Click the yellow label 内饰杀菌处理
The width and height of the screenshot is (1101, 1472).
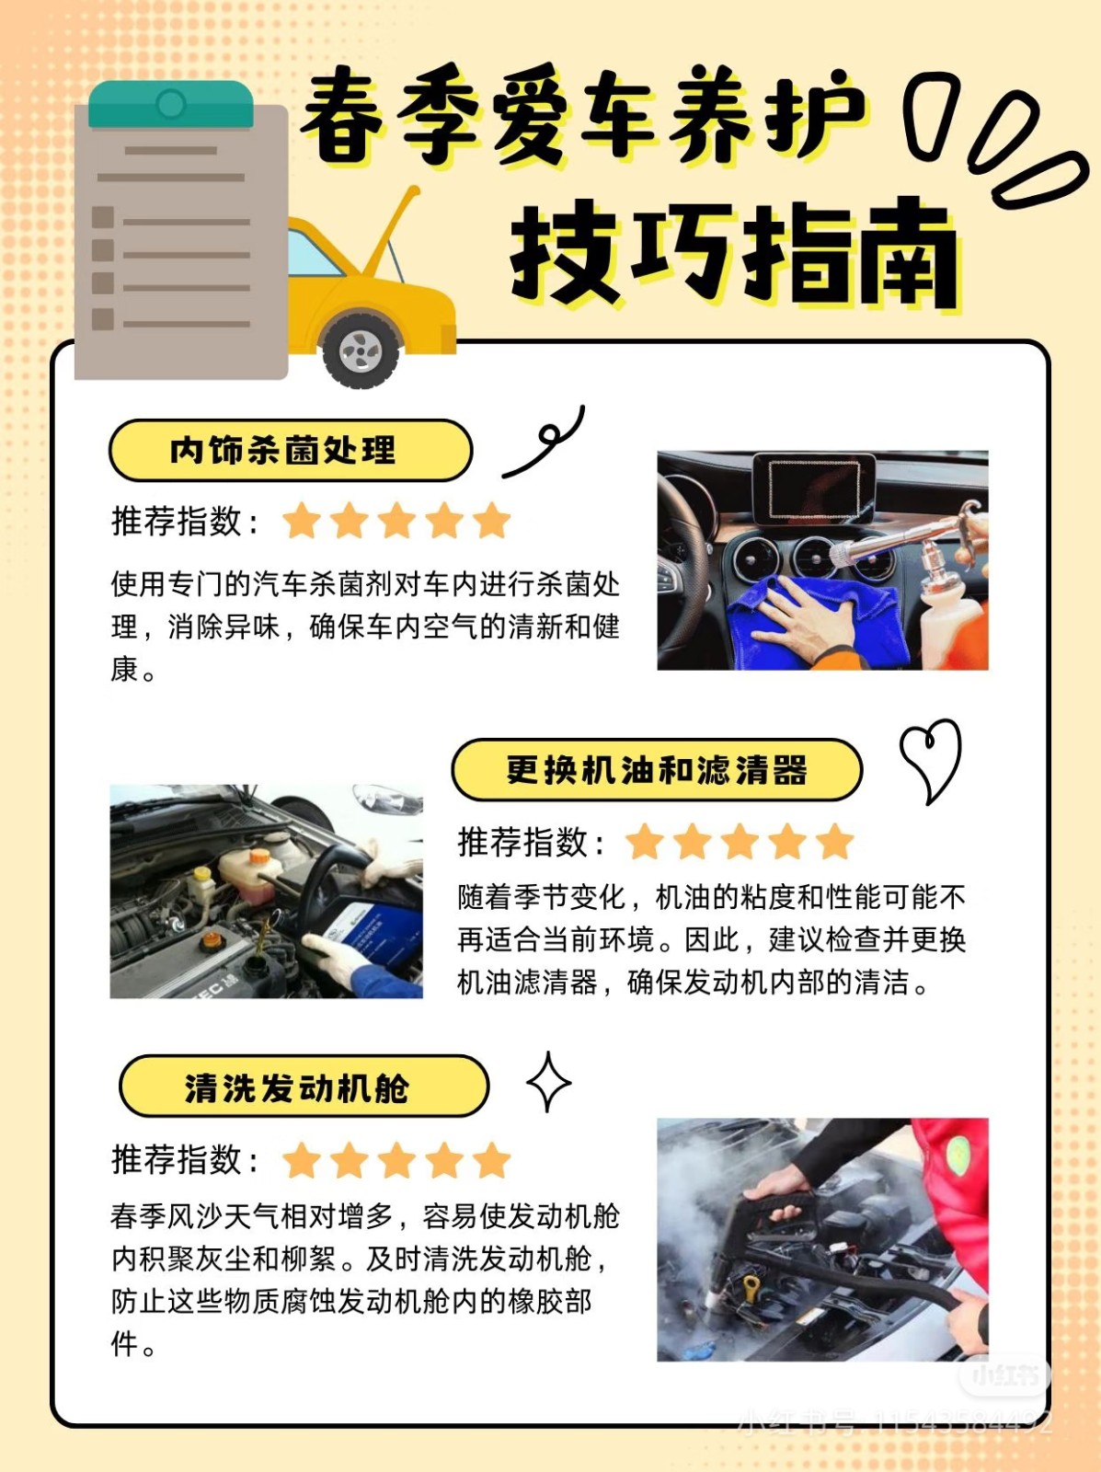point(291,450)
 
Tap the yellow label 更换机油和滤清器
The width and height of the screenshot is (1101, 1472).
point(657,770)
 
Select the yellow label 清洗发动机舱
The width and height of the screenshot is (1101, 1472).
point(304,1087)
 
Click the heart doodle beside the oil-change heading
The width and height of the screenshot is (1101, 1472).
point(931,758)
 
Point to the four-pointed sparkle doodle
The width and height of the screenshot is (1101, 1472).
point(548,1082)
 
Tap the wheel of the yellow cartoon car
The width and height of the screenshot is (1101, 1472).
point(361,351)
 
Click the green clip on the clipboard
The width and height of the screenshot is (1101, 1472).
point(171,104)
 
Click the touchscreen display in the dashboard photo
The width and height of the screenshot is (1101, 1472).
point(815,488)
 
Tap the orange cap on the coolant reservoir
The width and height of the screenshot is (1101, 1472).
point(258,856)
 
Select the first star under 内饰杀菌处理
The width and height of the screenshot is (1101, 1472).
point(302,521)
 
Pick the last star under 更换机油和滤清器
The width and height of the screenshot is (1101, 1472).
point(834,842)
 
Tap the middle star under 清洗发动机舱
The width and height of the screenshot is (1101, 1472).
point(397,1160)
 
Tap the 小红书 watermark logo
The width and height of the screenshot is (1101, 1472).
point(1004,1375)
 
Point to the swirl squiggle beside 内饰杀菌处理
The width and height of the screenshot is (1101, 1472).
point(545,443)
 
